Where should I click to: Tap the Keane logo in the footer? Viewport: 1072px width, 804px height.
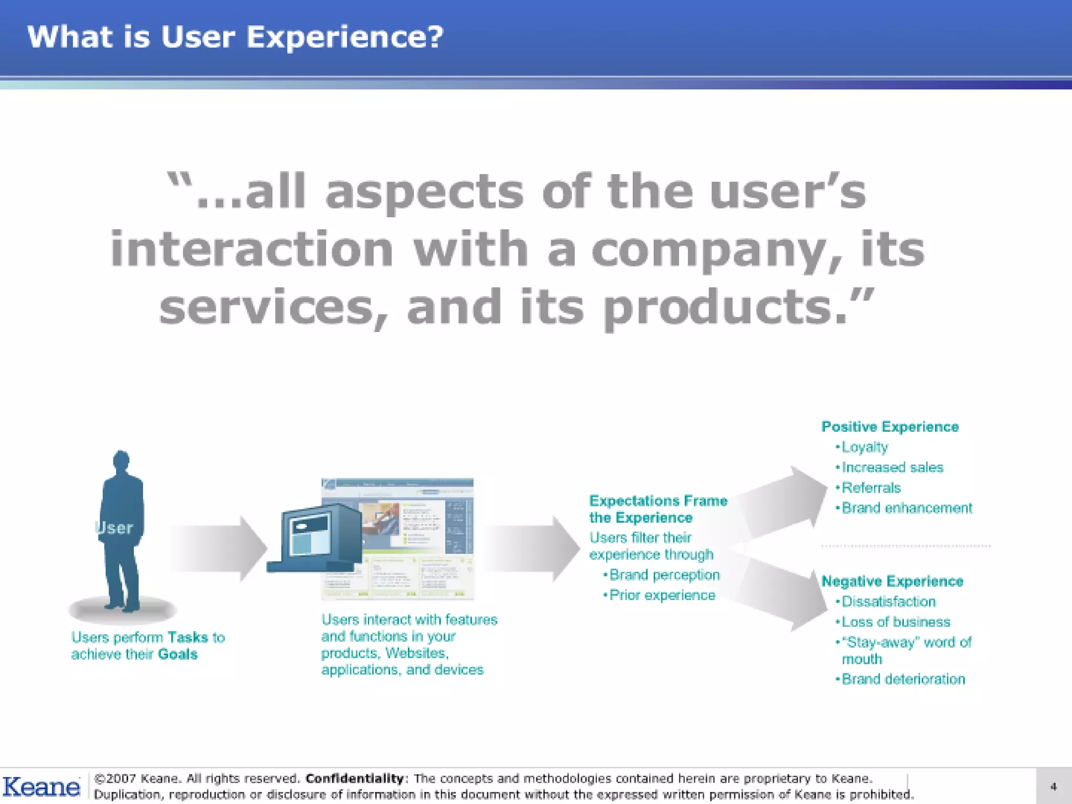coord(41,787)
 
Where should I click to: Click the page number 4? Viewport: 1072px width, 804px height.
coord(1053,787)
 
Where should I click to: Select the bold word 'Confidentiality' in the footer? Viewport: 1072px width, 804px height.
coord(354,778)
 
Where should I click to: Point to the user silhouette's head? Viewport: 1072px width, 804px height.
coord(121,460)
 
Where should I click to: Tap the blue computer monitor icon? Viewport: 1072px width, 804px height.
coord(314,539)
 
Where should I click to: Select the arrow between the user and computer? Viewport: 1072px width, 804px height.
coord(217,549)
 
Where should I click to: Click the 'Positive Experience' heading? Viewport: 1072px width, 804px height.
coord(890,427)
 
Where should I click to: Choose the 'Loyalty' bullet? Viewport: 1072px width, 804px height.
coord(864,447)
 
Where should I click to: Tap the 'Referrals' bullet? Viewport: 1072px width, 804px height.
coord(871,488)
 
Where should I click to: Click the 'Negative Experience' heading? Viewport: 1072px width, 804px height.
coord(892,581)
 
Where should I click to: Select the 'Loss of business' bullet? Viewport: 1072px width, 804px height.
coord(896,622)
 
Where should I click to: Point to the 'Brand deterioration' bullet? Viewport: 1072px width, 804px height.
coord(903,679)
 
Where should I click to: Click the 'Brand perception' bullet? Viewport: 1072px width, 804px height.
coord(664,575)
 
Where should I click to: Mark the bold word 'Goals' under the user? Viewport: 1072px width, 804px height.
coord(177,654)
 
